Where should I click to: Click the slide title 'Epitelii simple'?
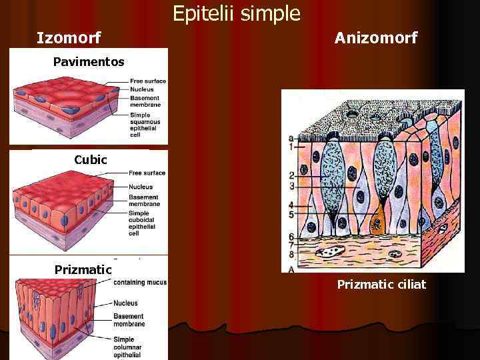coord(237,13)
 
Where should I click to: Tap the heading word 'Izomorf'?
coord(69,38)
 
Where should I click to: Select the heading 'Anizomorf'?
coord(376,38)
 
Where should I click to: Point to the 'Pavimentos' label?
coord(89,62)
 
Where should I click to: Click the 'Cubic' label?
coord(90,160)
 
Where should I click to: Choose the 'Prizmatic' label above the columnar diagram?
coord(83,269)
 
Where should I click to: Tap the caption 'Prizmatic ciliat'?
coord(381,285)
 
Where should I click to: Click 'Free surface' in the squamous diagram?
coord(148,81)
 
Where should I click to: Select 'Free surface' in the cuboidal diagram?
coord(147,173)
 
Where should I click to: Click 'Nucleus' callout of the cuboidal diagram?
coord(141,187)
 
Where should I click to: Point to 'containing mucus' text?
coord(139,283)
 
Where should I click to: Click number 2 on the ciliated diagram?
coord(291,175)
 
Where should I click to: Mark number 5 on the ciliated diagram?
coord(291,214)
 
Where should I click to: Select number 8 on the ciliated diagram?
coord(291,253)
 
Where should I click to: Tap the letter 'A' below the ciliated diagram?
coord(292,268)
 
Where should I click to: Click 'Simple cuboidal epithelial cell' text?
coord(143,223)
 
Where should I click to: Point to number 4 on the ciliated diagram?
coord(291,204)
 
